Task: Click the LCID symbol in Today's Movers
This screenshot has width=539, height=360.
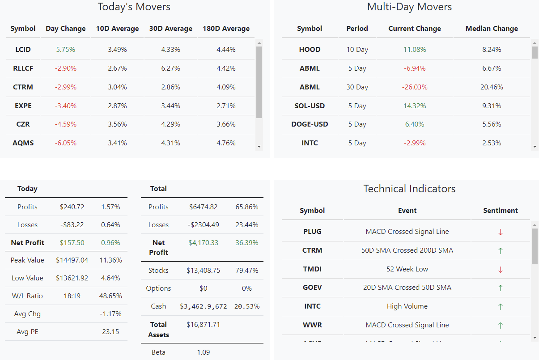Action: click(23, 50)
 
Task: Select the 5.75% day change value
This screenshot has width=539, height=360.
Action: click(65, 50)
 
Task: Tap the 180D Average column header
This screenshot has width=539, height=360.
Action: click(226, 29)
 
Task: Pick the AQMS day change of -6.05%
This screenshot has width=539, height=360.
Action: click(65, 143)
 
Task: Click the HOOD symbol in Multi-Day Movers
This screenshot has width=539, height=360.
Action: click(310, 50)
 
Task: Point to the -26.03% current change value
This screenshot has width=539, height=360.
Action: click(414, 87)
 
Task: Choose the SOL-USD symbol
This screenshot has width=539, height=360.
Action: click(310, 106)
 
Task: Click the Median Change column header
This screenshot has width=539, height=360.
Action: click(492, 29)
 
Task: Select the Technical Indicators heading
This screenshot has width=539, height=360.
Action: click(409, 189)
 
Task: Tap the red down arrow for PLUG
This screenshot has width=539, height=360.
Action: click(501, 232)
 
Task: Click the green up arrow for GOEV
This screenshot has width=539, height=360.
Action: click(501, 288)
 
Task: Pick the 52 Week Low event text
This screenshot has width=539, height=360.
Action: click(407, 269)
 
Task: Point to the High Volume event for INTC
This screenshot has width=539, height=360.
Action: click(407, 306)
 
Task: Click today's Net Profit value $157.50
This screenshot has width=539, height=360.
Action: click(72, 243)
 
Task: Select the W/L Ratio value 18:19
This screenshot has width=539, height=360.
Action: click(72, 296)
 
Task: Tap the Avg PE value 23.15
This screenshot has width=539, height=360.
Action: click(110, 332)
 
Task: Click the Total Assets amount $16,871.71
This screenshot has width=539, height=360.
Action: click(203, 325)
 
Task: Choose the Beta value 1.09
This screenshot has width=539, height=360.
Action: click(203, 352)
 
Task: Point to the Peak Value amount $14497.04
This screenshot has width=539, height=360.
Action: click(72, 260)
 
